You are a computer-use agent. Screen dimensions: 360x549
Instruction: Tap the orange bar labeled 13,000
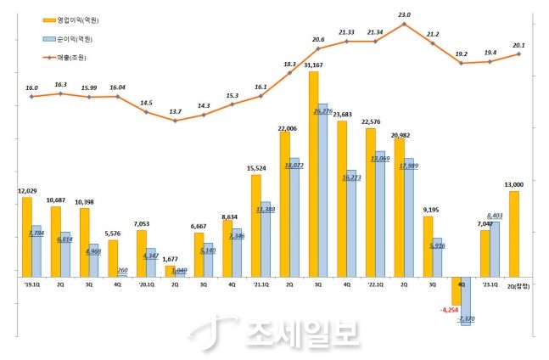pyautogui.click(x=513, y=234)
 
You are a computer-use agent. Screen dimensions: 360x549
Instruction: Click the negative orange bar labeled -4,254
pyautogui.click(x=456, y=290)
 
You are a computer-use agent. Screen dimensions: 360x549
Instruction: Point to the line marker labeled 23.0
pyautogui.click(x=404, y=24)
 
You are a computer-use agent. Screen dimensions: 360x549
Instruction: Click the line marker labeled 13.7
pyautogui.click(x=175, y=121)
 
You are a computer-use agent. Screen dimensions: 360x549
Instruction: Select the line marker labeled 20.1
pyautogui.click(x=518, y=54)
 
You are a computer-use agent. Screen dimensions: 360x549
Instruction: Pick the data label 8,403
pyautogui.click(x=495, y=217)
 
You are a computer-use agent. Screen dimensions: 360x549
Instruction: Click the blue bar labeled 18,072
pyautogui.click(x=294, y=217)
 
